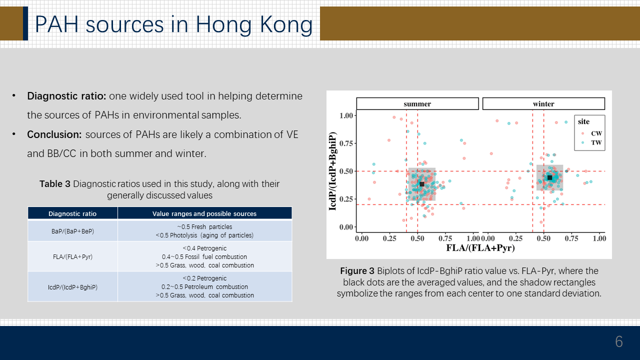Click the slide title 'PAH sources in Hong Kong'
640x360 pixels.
click(173, 24)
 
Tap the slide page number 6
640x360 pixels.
click(619, 341)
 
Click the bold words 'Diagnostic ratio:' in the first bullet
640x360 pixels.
click(66, 96)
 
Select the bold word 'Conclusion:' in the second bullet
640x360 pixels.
click(54, 134)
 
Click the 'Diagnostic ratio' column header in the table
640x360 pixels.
click(72, 213)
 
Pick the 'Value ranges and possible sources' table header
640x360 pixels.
click(204, 213)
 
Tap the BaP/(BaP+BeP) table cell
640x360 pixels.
click(72, 231)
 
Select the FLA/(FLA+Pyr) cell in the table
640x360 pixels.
click(72, 257)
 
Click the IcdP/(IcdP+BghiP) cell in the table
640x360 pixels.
click(72, 287)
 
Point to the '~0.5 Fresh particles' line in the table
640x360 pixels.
click(204, 227)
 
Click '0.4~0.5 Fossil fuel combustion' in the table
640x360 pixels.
click(204, 257)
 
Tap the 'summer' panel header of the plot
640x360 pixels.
click(417, 103)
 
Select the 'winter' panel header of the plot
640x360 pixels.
click(543, 103)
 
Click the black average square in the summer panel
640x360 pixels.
click(422, 184)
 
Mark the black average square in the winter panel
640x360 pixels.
click(549, 177)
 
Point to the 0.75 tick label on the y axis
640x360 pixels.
click(346, 143)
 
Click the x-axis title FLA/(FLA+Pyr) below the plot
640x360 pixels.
click(480, 247)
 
